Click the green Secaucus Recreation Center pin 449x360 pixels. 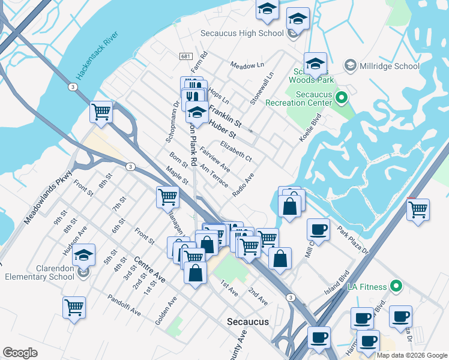point(341,97)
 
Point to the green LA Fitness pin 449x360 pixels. point(395,286)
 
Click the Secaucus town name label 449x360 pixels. point(248,322)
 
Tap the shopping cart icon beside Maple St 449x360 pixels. point(167,196)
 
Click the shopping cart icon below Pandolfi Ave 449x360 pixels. point(74,307)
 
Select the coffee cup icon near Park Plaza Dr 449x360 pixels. point(318,229)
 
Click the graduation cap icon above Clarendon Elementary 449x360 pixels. point(84,254)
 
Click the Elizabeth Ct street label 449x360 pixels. point(235,151)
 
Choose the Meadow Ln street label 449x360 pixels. point(247,65)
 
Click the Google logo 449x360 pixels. point(20,353)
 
